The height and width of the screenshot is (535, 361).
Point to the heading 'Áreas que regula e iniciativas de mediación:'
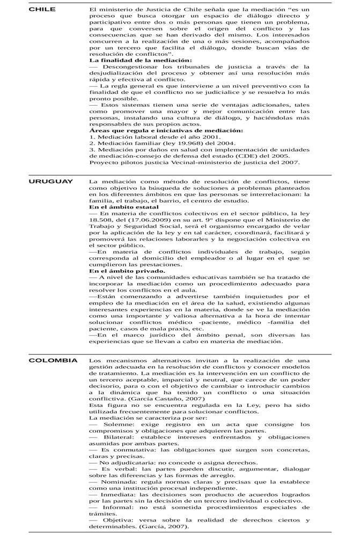click(166, 130)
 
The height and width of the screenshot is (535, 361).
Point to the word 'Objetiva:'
click(120, 520)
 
